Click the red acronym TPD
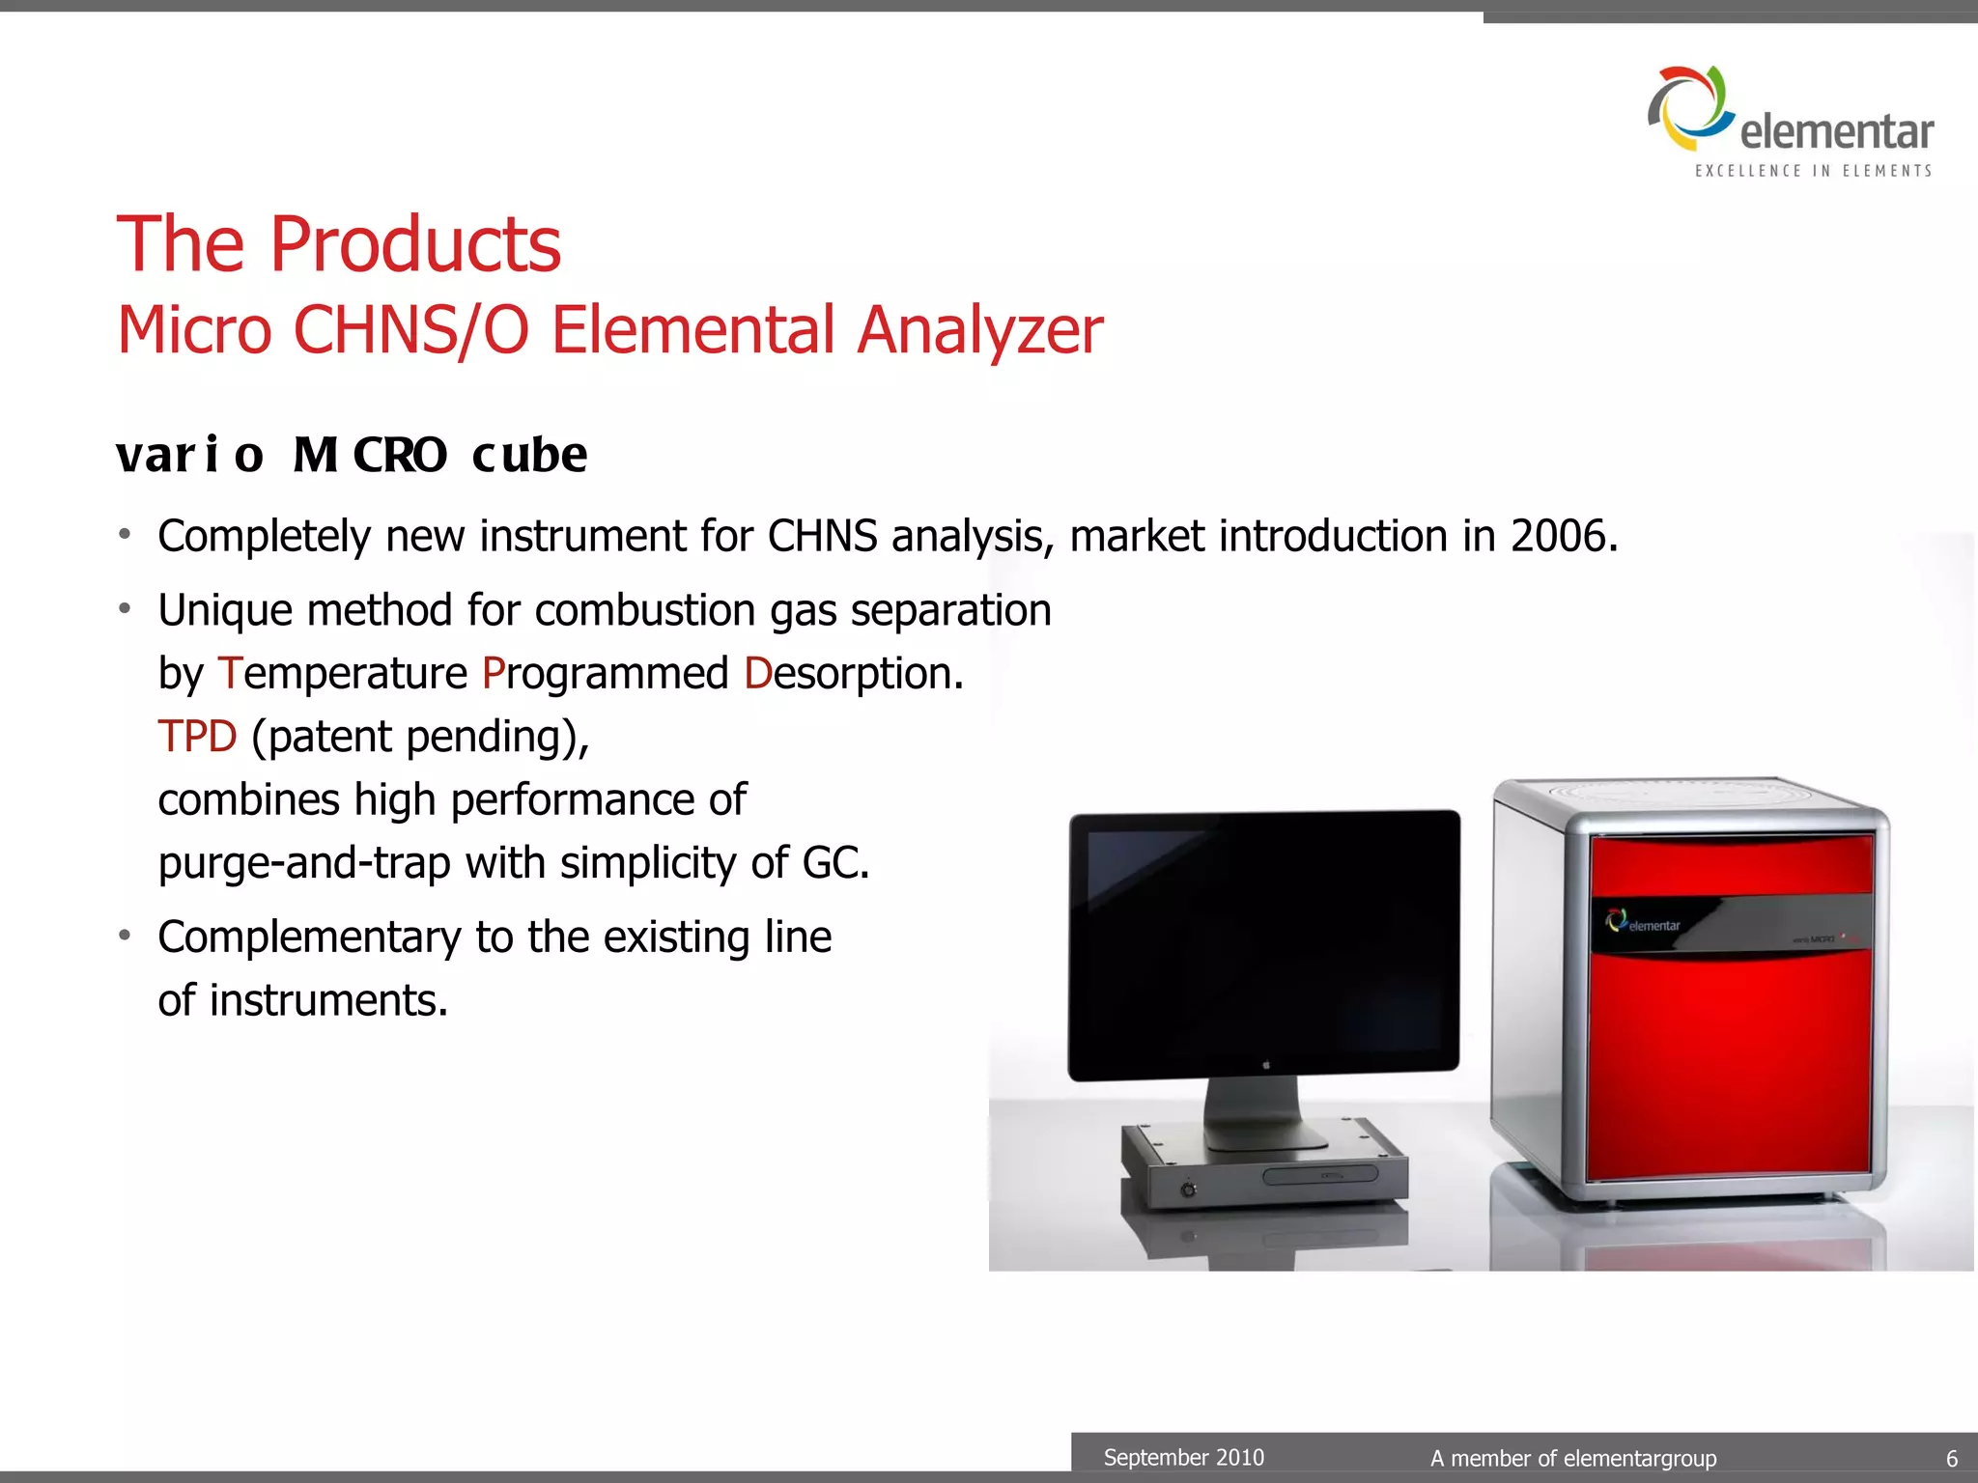click(197, 737)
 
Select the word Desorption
click(853, 673)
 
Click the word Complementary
click(309, 937)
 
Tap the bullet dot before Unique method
click(125, 608)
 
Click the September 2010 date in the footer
click(1183, 1457)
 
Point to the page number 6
click(1951, 1458)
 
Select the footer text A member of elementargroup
click(1573, 1458)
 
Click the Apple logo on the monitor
click(1265, 1064)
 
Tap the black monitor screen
click(1265, 937)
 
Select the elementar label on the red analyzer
click(1645, 923)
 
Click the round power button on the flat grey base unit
click(1188, 1189)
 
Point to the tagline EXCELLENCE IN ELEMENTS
click(1813, 171)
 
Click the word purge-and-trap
click(304, 862)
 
